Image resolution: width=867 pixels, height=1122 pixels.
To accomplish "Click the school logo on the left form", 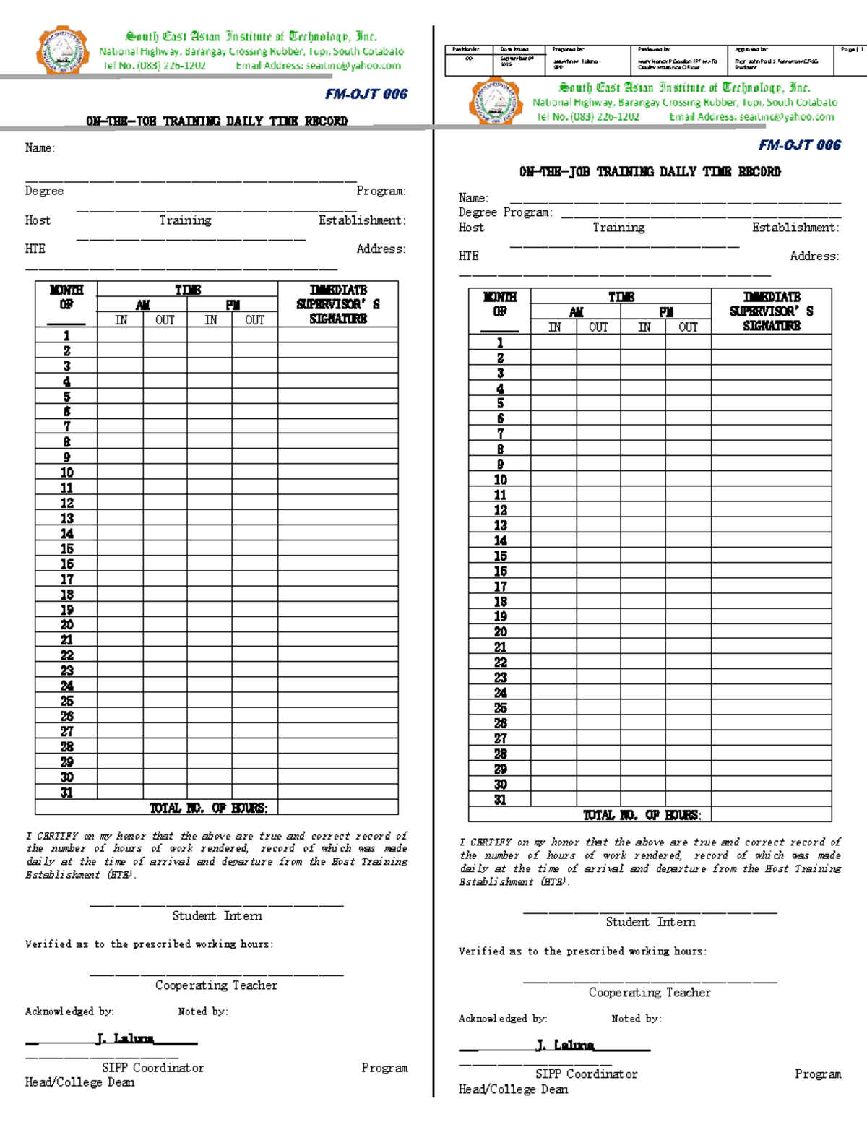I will tap(63, 51).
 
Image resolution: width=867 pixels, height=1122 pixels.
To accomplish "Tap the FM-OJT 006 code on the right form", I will tap(799, 145).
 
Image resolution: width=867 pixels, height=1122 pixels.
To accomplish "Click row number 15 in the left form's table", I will tap(66, 549).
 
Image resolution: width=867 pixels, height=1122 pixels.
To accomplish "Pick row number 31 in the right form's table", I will tap(500, 800).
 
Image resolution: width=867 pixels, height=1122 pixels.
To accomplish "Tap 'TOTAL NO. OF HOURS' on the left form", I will tap(208, 808).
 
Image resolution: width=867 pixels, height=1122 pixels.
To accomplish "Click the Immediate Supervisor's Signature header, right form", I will tap(771, 311).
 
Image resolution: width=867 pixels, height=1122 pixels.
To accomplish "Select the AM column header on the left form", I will tap(142, 305).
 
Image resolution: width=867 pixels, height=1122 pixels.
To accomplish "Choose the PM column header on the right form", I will tap(665, 312).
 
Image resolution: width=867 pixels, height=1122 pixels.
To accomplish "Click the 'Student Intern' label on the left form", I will tap(217, 916).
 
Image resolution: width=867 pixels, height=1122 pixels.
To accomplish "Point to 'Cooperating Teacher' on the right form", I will tap(650, 993).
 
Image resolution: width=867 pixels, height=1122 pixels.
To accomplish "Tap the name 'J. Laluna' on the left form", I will tap(124, 1039).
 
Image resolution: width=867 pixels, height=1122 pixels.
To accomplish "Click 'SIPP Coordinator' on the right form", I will tap(586, 1074).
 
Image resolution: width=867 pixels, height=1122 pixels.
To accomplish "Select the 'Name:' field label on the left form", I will tap(40, 148).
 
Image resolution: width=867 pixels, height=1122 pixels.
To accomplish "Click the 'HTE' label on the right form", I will tap(468, 256).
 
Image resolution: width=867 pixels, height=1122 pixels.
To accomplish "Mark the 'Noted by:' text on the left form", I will tap(203, 1011).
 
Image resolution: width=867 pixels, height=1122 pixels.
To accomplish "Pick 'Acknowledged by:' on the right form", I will tap(503, 1019).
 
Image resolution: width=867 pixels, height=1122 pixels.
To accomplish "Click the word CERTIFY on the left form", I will tap(57, 836).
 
